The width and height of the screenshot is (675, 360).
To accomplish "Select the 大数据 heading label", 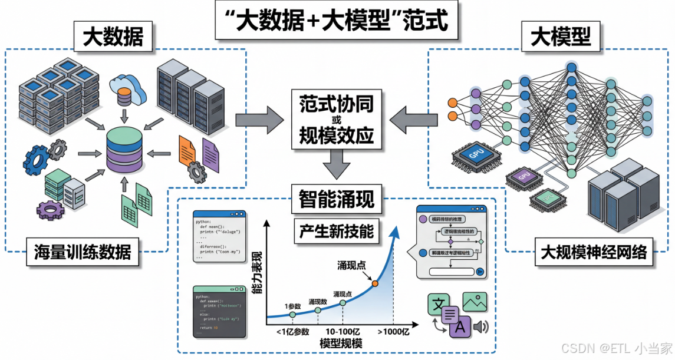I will click(113, 38).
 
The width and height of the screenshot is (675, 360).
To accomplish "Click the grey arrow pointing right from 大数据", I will click(259, 120).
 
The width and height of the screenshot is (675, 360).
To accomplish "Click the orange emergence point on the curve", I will click(375, 283).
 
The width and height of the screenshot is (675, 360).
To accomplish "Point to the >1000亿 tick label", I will click(393, 332).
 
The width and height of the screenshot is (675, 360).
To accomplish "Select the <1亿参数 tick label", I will click(292, 332).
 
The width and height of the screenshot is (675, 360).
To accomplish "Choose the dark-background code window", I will click(219, 311).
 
